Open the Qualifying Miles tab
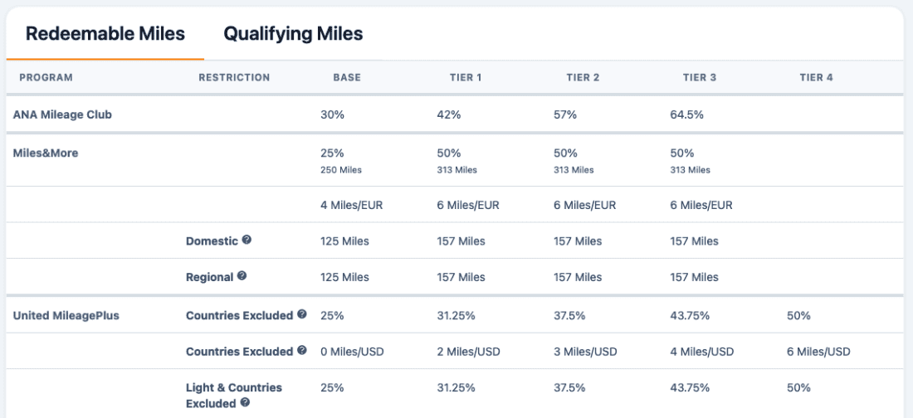point(293,34)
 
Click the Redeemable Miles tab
point(105,34)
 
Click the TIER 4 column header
point(817,77)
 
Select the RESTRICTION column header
point(234,77)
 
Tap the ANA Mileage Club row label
point(62,114)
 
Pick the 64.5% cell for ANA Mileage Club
point(687,114)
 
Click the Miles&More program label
point(46,153)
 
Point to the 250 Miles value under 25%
point(340,170)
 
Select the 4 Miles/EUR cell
point(351,205)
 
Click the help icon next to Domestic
point(247,240)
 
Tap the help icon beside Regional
point(242,276)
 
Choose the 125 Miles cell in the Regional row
point(344,277)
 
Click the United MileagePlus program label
point(66,315)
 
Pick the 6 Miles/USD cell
point(818,352)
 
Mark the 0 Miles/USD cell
point(352,352)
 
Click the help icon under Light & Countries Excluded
point(245,402)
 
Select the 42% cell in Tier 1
point(449,114)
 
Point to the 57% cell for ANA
point(565,114)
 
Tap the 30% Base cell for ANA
point(333,114)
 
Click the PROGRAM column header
point(46,77)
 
